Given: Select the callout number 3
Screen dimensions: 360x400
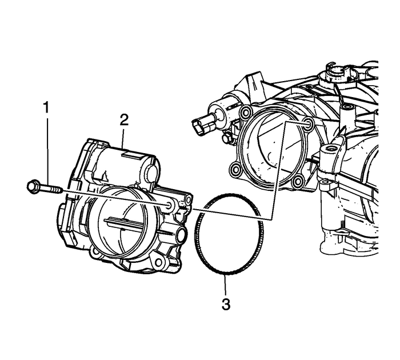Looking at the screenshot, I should click(226, 304).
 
